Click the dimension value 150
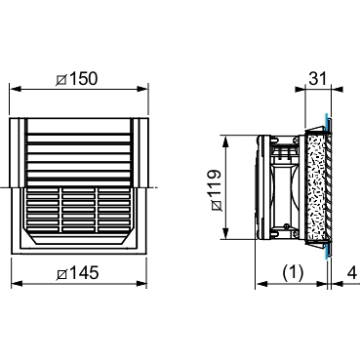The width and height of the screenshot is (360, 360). point(83,79)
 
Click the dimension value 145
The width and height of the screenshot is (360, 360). point(84,273)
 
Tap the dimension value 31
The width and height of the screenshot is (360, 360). point(317,78)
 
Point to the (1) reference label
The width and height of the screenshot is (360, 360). point(293,272)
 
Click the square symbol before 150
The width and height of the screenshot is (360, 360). point(61,80)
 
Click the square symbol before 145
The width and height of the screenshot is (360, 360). point(62,274)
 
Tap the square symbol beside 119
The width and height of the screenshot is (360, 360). point(217,206)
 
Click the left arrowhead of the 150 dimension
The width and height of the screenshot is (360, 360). point(16,89)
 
